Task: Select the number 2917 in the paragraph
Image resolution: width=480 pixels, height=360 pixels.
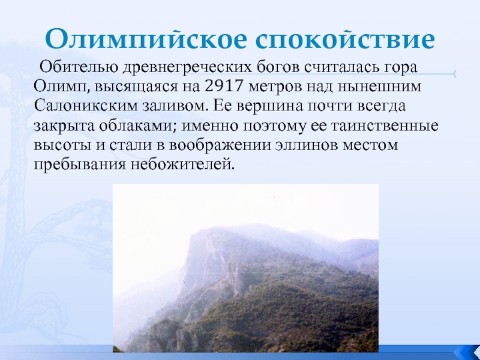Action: coord(223,86)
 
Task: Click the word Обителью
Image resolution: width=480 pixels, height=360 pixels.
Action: coord(79,67)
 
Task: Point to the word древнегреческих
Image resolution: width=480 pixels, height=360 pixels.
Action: coord(187,67)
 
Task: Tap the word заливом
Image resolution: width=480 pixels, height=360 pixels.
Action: coord(175,106)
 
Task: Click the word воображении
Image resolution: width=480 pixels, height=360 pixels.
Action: coord(220,145)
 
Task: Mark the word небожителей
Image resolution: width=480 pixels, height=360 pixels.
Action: coord(183,164)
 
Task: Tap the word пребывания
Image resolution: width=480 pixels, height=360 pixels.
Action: coord(80,164)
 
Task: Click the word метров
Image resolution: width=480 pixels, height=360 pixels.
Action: coord(275,87)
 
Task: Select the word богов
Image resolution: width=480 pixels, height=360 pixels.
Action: coord(278,67)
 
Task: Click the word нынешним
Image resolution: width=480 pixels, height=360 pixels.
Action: coord(379,87)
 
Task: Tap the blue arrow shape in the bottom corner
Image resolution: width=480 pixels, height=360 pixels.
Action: coord(468,352)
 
